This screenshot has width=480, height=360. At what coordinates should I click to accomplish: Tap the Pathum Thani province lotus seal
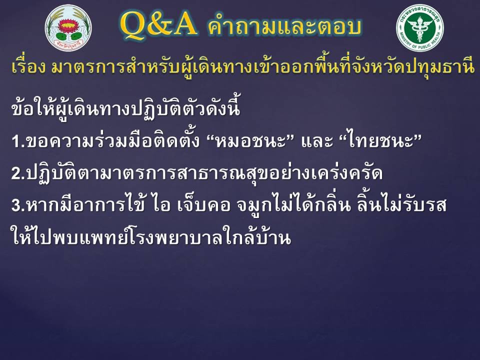tap(68, 28)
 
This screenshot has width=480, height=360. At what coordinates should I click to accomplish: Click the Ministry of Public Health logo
tap(419, 28)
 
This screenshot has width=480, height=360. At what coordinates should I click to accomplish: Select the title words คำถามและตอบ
tap(284, 26)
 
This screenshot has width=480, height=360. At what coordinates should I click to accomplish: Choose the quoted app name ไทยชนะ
tap(381, 141)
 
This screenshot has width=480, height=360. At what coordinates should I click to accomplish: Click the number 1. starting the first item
tap(18, 141)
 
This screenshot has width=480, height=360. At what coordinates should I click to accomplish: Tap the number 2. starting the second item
tap(18, 173)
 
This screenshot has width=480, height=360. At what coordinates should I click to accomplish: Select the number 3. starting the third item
tap(18, 205)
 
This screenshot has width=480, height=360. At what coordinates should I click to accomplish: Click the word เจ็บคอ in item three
tap(203, 204)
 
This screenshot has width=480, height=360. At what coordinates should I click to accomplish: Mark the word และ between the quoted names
tap(316, 141)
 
